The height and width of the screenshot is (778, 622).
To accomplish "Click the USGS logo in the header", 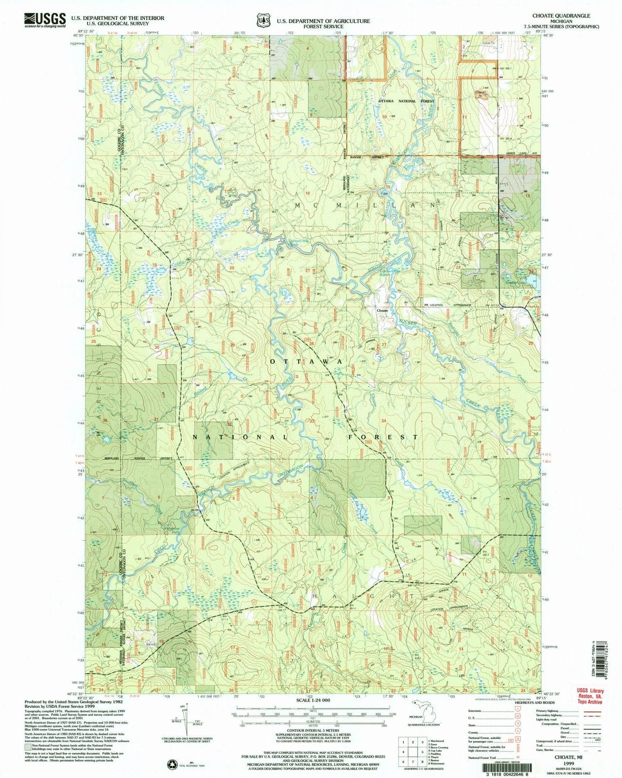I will point(43,20).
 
